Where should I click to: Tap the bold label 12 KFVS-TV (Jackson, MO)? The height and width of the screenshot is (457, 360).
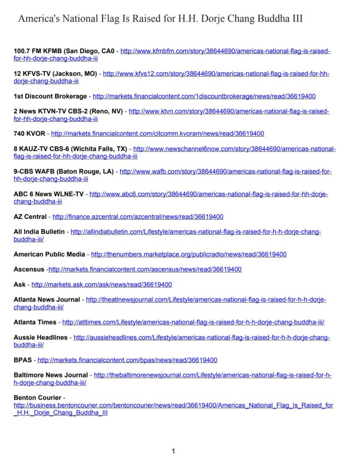55,74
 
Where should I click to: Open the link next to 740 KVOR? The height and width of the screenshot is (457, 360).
157,133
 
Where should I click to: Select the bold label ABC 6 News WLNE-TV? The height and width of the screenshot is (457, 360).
48,194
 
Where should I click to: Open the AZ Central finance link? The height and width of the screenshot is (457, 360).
138,216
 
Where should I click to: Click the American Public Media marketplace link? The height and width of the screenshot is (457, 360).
189,254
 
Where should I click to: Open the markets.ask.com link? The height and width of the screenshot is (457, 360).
102,284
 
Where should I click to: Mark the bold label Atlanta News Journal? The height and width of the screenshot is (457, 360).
47,299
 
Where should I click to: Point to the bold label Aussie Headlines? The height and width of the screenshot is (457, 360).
40,337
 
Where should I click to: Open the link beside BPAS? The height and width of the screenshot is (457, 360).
127,360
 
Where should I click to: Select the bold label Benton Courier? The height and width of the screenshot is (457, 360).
37,397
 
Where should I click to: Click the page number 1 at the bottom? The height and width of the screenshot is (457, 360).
174,451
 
